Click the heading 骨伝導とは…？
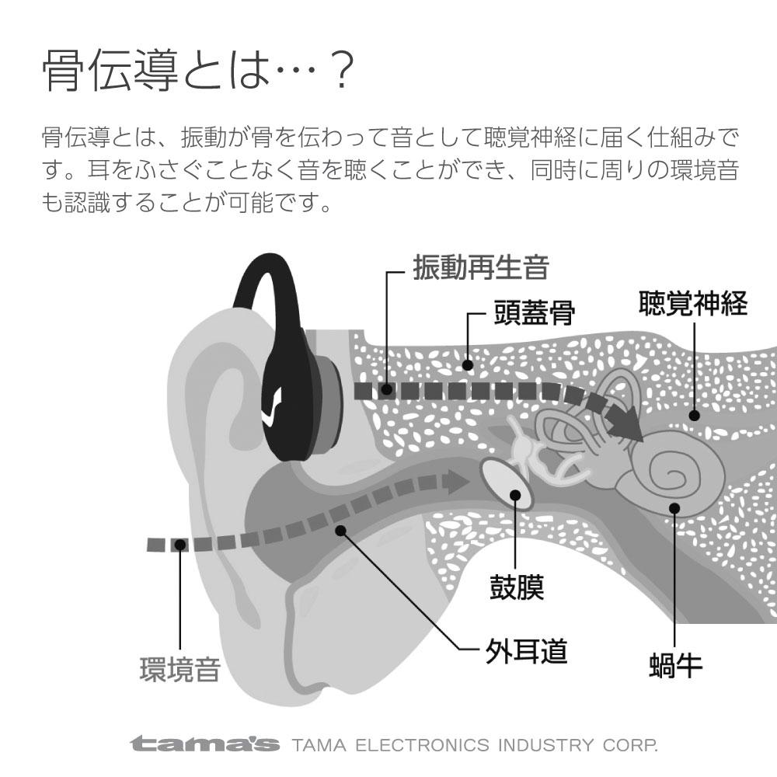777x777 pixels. pyautogui.click(x=198, y=71)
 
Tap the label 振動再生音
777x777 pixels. pyautogui.click(x=481, y=267)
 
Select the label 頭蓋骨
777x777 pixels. pyautogui.click(x=535, y=313)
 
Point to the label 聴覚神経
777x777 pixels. pyautogui.click(x=693, y=303)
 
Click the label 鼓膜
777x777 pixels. pyautogui.click(x=517, y=587)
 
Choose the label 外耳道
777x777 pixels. pyautogui.click(x=526, y=651)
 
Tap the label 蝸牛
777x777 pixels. pyautogui.click(x=676, y=666)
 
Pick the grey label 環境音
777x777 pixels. pyautogui.click(x=180, y=670)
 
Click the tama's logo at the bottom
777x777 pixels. pyautogui.click(x=204, y=744)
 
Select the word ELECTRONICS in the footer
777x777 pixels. pyautogui.click(x=423, y=745)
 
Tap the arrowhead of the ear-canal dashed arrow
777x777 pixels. pyautogui.click(x=458, y=483)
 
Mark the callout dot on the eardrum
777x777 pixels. pyautogui.click(x=515, y=494)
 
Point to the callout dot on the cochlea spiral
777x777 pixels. pyautogui.click(x=674, y=508)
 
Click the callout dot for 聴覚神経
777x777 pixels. pyautogui.click(x=694, y=415)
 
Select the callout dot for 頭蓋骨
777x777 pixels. pyautogui.click(x=467, y=365)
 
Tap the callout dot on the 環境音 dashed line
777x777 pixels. pyautogui.click(x=180, y=545)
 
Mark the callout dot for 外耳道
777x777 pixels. pyautogui.click(x=340, y=531)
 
